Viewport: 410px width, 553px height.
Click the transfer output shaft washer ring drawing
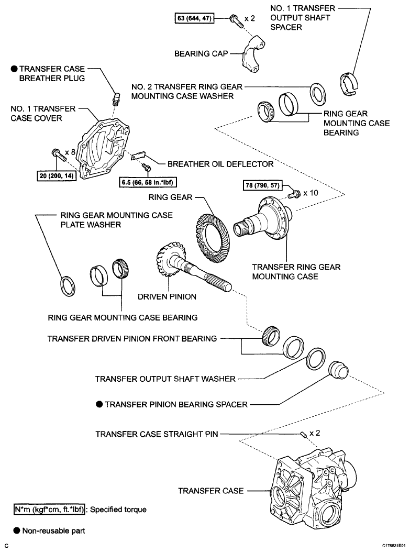click(315, 358)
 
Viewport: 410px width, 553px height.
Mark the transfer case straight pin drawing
click(303, 434)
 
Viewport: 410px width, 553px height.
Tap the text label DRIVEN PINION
click(167, 296)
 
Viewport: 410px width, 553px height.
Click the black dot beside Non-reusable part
click(17, 530)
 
